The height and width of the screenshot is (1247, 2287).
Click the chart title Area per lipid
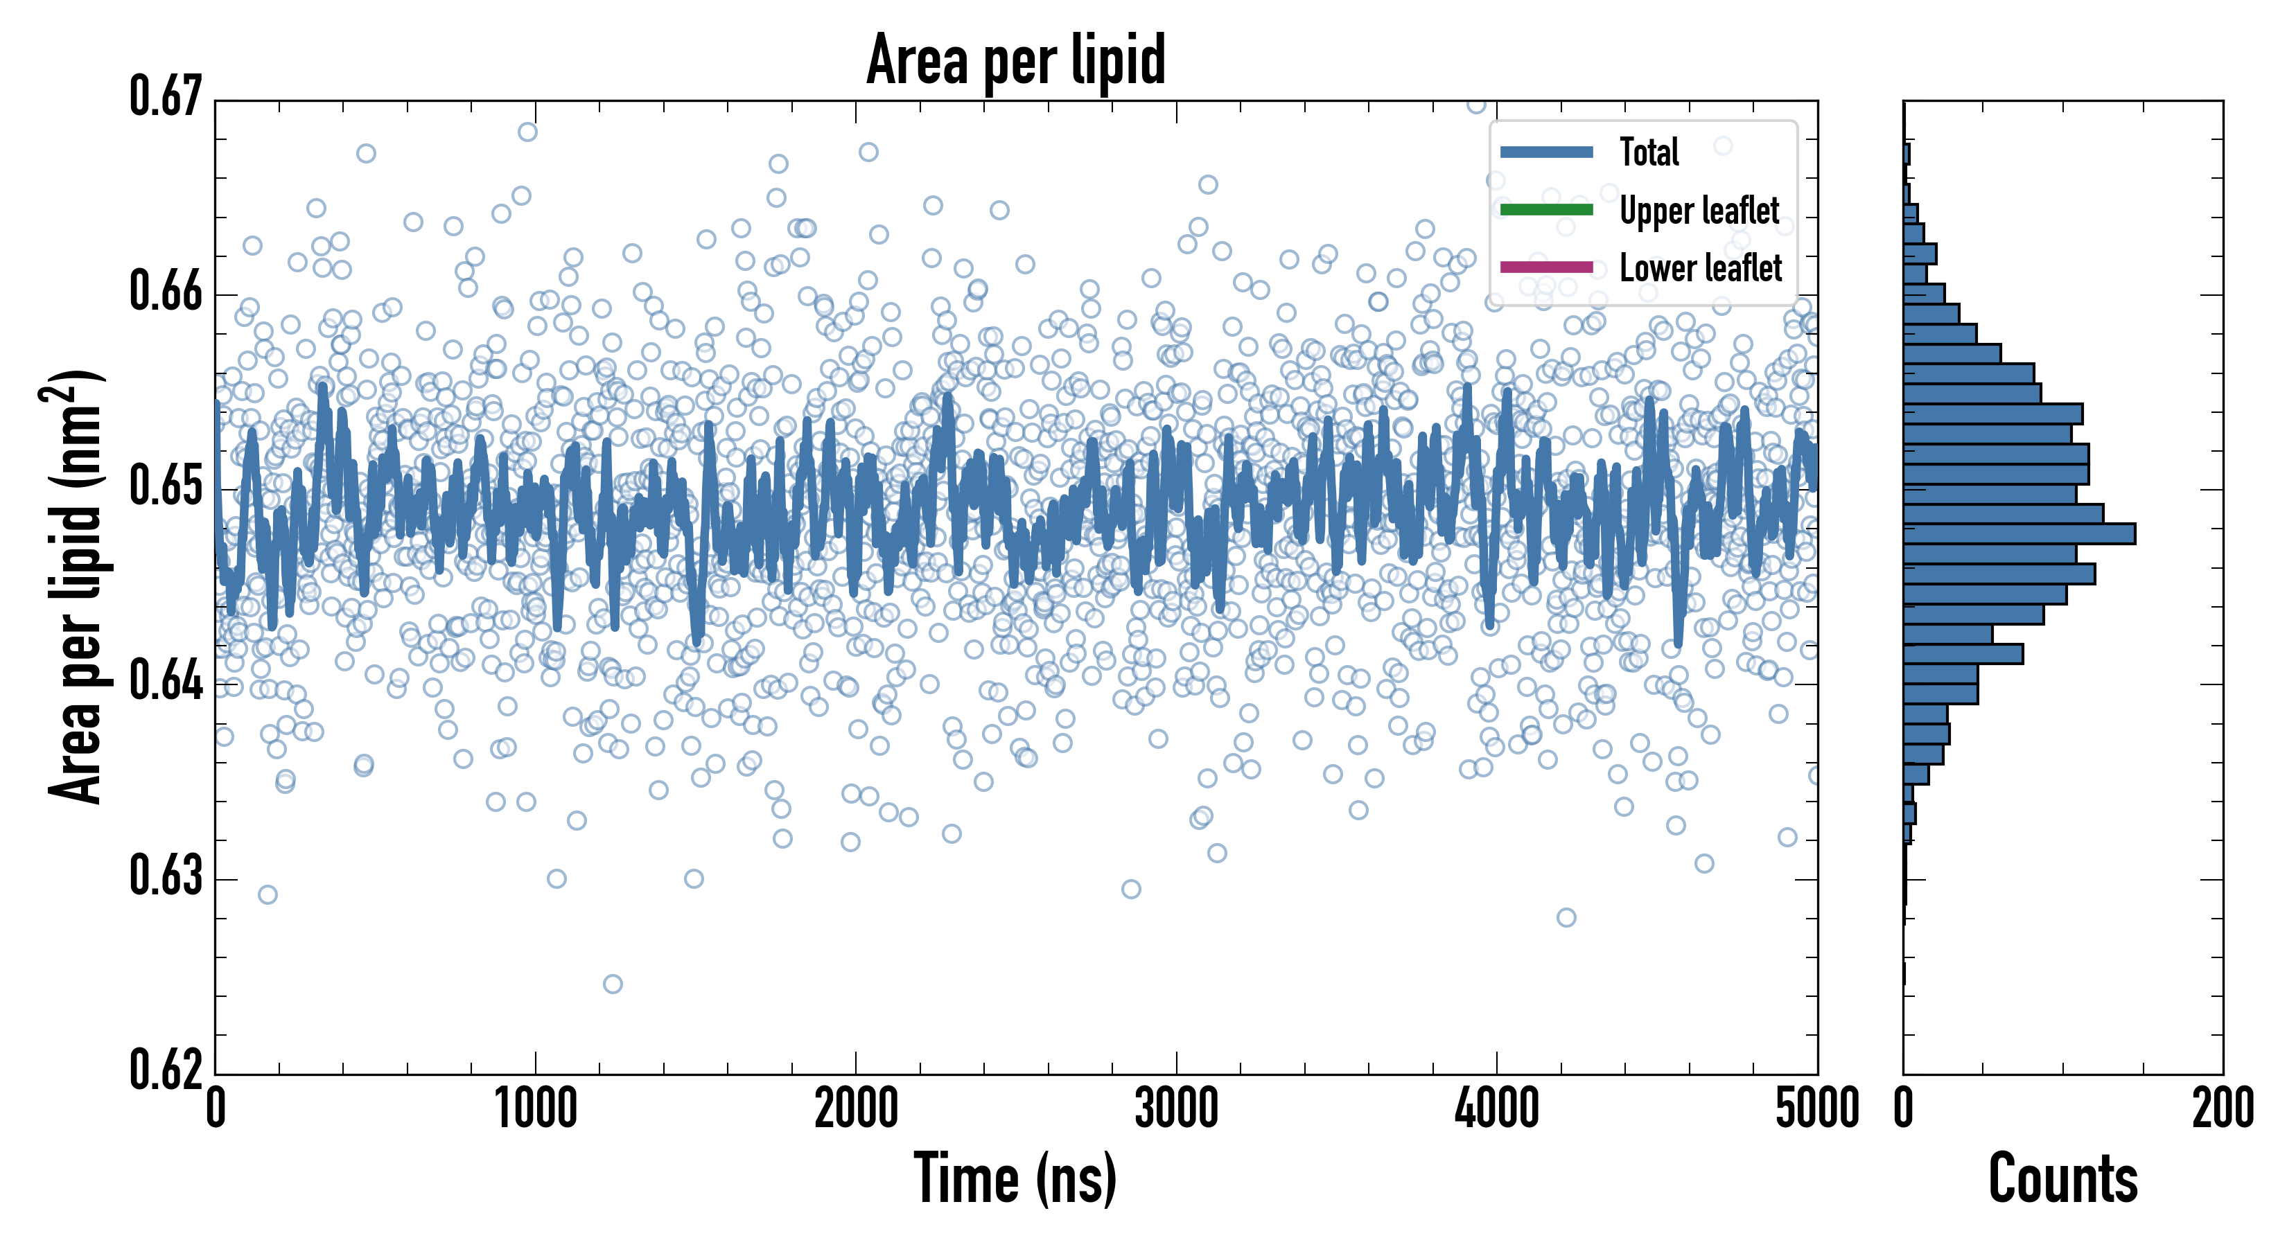coord(1016,60)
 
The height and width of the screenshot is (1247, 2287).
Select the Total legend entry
coord(1649,152)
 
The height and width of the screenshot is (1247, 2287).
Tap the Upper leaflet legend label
coord(1699,211)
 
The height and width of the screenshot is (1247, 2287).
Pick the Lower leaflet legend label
coord(1700,268)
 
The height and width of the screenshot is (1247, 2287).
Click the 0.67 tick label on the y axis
coord(166,97)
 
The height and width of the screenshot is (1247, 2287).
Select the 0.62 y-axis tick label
coord(166,1070)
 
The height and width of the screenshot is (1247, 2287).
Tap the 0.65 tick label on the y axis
coord(166,486)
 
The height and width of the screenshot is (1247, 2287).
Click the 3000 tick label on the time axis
coord(1176,1109)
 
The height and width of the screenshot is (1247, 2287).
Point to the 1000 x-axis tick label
coord(535,1109)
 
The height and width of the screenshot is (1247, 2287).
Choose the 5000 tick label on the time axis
coord(1816,1109)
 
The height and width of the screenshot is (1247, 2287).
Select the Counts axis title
coord(2062,1180)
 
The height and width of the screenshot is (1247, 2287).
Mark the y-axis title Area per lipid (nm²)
coord(76,586)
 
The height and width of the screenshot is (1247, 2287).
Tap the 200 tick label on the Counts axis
coord(2222,1109)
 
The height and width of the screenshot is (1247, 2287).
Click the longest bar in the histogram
coord(2019,533)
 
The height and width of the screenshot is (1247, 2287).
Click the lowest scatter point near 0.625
coord(613,984)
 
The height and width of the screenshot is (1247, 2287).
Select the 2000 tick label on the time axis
coord(856,1109)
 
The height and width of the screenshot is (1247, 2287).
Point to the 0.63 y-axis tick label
coord(166,876)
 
